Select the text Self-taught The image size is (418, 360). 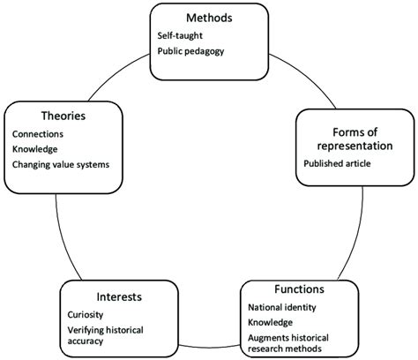(182, 35)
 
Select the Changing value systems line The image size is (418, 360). (64, 163)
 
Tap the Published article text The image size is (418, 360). (338, 163)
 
